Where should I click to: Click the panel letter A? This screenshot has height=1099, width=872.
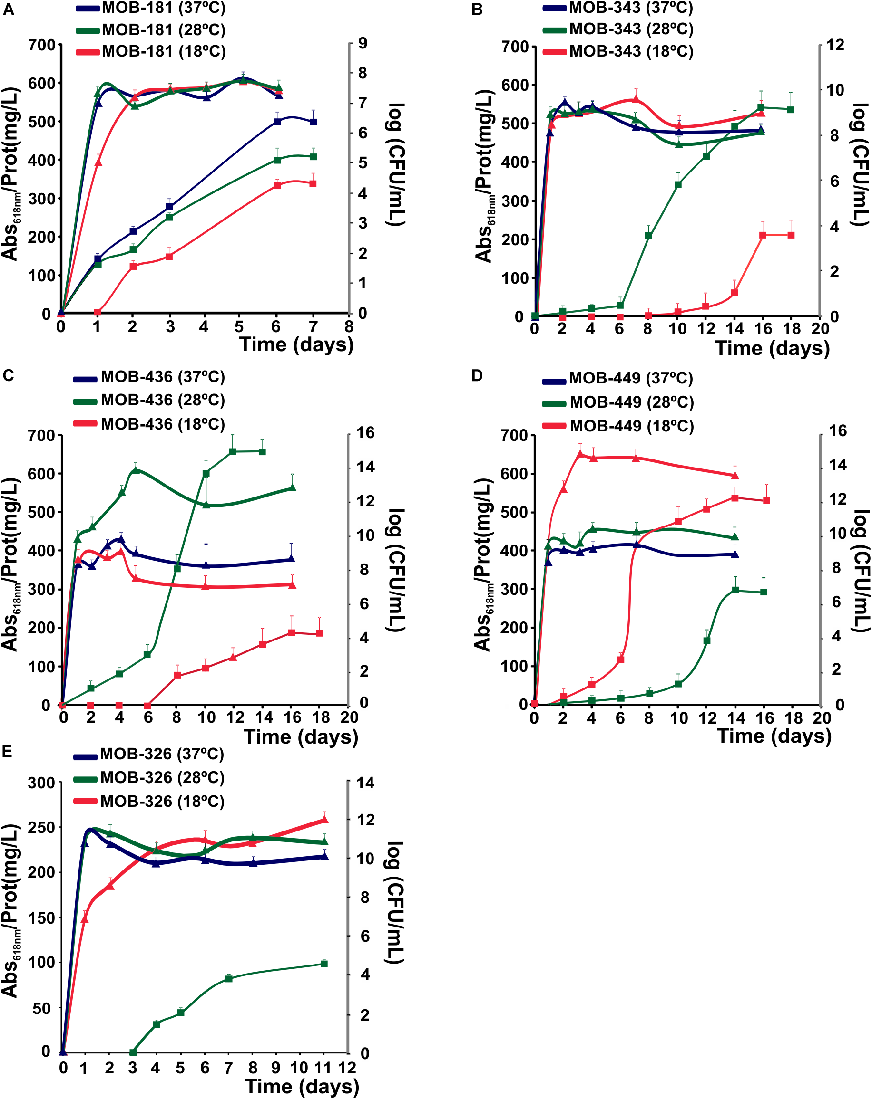pos(8,10)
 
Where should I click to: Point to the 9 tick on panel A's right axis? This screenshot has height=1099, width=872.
pos(363,43)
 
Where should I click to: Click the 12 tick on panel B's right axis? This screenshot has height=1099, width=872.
pos(835,45)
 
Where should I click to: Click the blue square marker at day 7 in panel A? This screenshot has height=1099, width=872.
pos(314,122)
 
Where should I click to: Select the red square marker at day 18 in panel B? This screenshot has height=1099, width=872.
pos(791,235)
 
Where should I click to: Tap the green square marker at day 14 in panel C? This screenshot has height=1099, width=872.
pos(262,452)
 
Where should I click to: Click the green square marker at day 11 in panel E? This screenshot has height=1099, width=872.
pos(324,964)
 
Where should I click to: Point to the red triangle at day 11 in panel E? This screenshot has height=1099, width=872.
pos(324,820)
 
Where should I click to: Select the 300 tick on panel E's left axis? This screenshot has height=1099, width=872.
pos(42,783)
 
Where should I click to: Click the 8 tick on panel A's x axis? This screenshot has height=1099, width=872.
pos(349,327)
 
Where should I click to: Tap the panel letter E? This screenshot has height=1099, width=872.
pos(7,751)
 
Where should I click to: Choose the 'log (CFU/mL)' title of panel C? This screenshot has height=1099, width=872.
pos(395,570)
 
